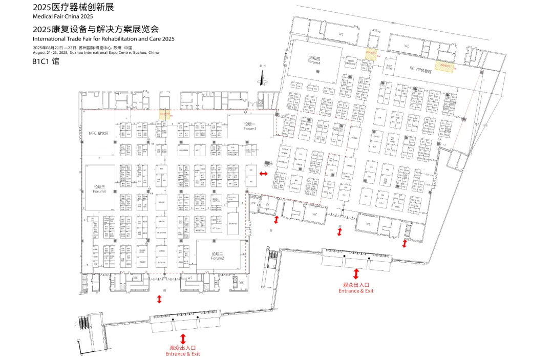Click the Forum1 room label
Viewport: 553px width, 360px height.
coord(249,126)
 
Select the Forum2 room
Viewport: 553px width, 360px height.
coord(218,256)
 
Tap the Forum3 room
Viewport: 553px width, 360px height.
coord(99,188)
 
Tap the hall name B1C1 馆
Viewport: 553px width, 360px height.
coord(46,61)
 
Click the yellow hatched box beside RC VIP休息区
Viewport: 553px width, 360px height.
coord(444,66)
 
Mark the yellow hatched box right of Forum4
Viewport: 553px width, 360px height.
coord(371,54)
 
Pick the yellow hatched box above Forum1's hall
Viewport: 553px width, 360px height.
coord(164,115)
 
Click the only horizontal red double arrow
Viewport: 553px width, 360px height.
coord(263,175)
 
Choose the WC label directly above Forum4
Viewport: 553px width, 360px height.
coord(342,35)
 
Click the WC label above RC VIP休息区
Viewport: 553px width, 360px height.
coord(407,46)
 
